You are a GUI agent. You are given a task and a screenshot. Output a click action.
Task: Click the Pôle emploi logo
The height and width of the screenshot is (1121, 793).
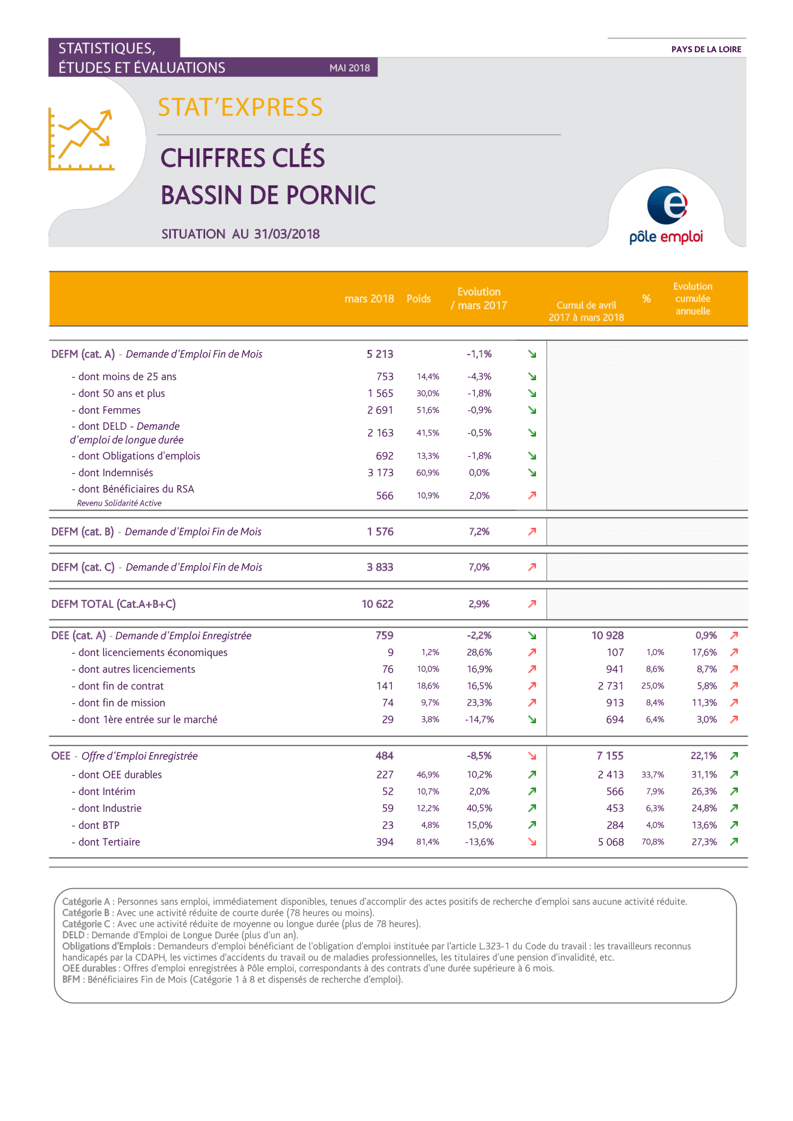(x=666, y=215)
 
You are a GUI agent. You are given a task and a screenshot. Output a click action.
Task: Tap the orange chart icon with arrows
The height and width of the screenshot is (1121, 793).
(x=81, y=139)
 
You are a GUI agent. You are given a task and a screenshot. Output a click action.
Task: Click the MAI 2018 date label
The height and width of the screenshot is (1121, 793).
(x=350, y=68)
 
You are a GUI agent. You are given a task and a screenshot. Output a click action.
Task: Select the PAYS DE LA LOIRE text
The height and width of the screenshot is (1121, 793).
(x=706, y=49)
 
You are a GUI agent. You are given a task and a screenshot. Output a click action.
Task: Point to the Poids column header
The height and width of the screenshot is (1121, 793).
(x=419, y=299)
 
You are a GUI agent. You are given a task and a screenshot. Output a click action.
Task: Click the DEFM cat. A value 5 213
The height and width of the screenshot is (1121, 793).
(x=380, y=354)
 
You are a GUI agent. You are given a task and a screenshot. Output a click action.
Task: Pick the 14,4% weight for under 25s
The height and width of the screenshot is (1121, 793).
(x=428, y=376)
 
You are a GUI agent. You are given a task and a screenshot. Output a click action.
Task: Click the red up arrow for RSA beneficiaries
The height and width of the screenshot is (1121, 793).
(x=532, y=495)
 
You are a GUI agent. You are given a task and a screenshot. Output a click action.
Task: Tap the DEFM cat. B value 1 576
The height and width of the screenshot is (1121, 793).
(x=380, y=531)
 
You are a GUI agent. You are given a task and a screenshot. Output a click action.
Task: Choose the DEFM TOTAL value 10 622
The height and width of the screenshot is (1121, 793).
(x=377, y=604)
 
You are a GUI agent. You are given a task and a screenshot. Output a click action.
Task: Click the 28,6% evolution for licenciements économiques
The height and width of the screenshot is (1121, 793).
(x=479, y=652)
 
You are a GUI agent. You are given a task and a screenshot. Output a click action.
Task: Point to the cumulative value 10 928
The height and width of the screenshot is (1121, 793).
(x=607, y=635)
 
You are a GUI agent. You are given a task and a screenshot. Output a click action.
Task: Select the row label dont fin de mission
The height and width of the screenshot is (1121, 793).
(x=122, y=703)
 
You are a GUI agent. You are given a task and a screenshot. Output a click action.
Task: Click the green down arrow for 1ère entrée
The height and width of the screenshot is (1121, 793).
(x=532, y=719)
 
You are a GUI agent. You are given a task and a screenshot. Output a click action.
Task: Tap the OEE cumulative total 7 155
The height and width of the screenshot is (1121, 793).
(x=610, y=756)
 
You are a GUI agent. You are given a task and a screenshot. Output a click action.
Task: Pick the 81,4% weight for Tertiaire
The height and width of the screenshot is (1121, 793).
(x=428, y=842)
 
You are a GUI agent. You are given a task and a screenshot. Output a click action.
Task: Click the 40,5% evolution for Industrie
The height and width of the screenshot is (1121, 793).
(x=479, y=808)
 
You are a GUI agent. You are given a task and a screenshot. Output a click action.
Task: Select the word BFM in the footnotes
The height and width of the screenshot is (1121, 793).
(x=71, y=980)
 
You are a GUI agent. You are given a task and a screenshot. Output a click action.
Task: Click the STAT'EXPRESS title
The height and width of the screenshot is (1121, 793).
(x=240, y=107)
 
